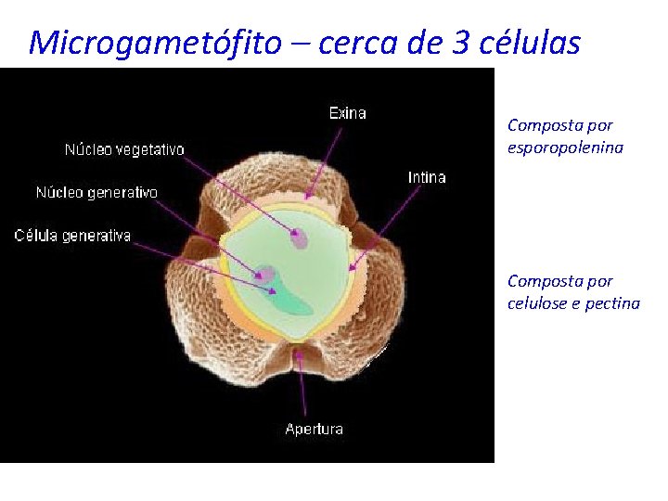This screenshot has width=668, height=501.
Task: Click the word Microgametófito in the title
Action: click(x=153, y=43)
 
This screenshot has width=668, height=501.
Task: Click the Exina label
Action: click(x=348, y=113)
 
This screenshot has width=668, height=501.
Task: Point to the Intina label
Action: click(x=427, y=177)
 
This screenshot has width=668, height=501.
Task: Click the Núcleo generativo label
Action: click(x=96, y=193)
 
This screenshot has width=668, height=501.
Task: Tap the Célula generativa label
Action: click(x=72, y=236)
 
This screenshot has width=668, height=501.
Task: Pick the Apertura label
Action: click(x=314, y=429)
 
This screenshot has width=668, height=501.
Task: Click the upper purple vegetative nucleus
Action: click(x=300, y=239)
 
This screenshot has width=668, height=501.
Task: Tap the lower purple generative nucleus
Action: click(x=266, y=275)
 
